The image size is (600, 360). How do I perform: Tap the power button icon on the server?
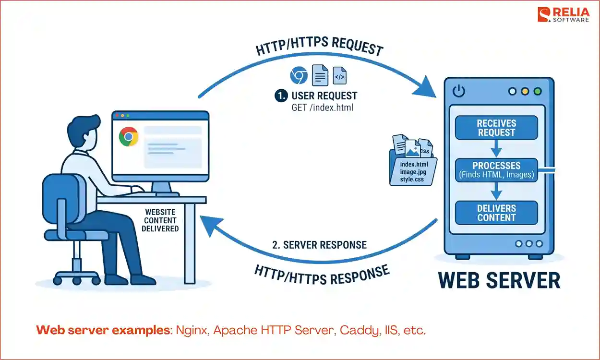coord(459,91)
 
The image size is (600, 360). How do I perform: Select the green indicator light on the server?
coord(537,91)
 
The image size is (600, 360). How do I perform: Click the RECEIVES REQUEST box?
coord(496,128)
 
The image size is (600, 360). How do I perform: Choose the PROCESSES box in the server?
coord(496,170)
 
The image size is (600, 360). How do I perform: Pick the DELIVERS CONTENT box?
coord(496,213)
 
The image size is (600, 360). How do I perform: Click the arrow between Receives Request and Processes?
coord(496,149)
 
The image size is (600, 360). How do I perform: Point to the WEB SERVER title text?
coord(499,281)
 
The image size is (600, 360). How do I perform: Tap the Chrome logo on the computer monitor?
coord(129,137)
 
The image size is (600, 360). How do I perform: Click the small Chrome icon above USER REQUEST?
coord(299,76)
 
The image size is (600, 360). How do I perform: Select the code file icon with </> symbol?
coord(339,76)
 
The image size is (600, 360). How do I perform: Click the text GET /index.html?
coord(322,108)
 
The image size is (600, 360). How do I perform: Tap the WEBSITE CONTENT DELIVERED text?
coord(160,220)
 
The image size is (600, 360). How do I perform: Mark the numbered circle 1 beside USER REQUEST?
coord(281,96)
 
